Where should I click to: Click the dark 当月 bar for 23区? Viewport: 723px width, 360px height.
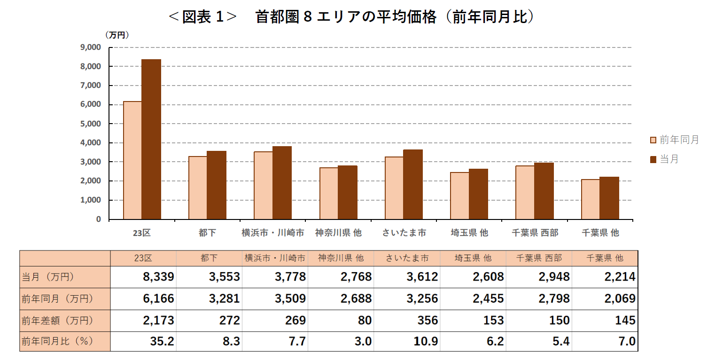(x=151, y=139)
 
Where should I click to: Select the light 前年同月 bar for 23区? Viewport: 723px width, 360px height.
(x=132, y=160)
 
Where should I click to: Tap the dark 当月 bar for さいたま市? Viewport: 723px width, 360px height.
(x=413, y=184)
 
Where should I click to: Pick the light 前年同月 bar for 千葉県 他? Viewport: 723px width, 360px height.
(x=590, y=199)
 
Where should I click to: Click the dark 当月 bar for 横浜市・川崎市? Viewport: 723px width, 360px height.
(x=282, y=183)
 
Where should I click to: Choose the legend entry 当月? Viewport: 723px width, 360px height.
(x=664, y=159)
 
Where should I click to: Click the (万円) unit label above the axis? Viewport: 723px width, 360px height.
(x=117, y=35)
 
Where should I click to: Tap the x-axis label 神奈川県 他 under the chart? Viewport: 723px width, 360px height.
(x=338, y=233)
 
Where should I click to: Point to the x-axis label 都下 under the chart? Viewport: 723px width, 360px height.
(x=207, y=233)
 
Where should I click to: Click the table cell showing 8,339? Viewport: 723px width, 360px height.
(x=158, y=277)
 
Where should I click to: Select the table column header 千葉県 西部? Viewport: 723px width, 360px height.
(x=538, y=258)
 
